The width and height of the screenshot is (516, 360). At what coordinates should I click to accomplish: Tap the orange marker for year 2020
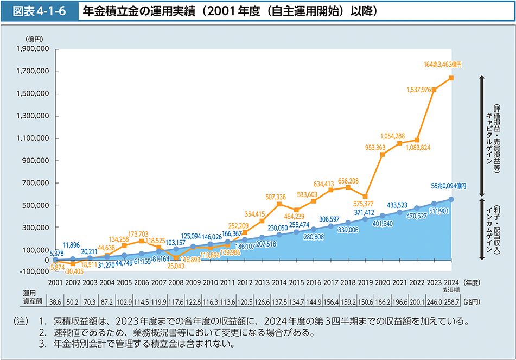[383, 155]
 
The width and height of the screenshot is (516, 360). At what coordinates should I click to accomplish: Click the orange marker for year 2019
[365, 197]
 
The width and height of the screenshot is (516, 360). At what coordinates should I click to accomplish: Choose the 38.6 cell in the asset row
[55, 300]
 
